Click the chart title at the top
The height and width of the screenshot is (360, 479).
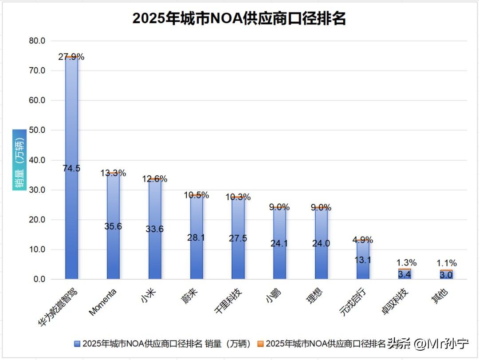(239, 19)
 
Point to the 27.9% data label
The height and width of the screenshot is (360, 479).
(71, 57)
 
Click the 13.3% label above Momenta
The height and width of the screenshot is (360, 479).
(113, 173)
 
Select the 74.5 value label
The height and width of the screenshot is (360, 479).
(71, 168)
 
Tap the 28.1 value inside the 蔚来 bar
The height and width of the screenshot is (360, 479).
(196, 237)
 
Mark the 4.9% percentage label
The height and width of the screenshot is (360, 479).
(363, 240)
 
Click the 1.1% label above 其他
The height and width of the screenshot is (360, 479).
(446, 263)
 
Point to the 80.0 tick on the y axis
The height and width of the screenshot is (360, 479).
(37, 41)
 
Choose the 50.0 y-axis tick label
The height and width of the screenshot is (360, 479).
(37, 130)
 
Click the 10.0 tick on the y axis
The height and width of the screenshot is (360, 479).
(37, 249)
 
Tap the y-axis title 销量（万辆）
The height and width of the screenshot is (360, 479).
(20, 160)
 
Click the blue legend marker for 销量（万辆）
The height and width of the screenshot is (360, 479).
(78, 344)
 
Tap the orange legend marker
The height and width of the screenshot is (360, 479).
(260, 344)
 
